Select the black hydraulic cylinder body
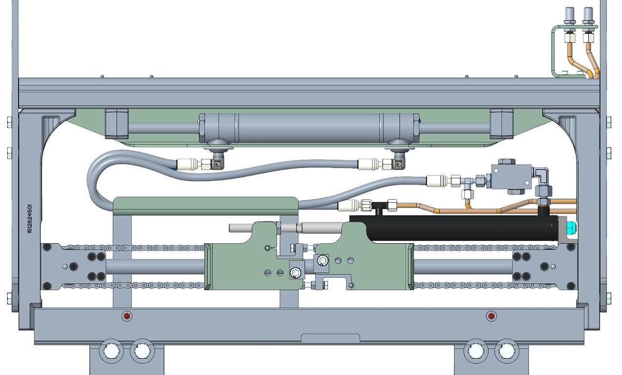point(456,228)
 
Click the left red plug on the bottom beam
point(126,316)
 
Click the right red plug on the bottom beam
point(491,316)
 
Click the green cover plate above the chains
point(206,204)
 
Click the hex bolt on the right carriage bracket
point(323,260)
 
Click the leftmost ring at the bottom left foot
point(110,351)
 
